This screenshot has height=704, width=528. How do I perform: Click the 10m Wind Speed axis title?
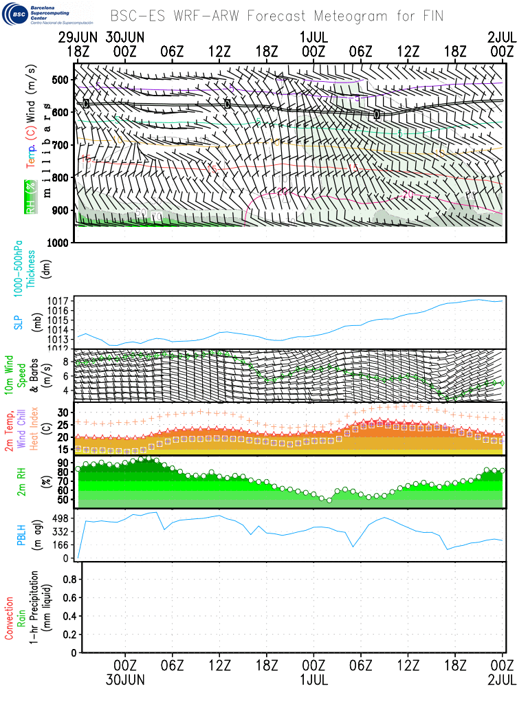tap(19, 375)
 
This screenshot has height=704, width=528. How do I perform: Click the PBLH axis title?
tap(19, 535)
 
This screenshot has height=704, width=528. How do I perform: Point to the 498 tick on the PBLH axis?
tap(62, 518)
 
